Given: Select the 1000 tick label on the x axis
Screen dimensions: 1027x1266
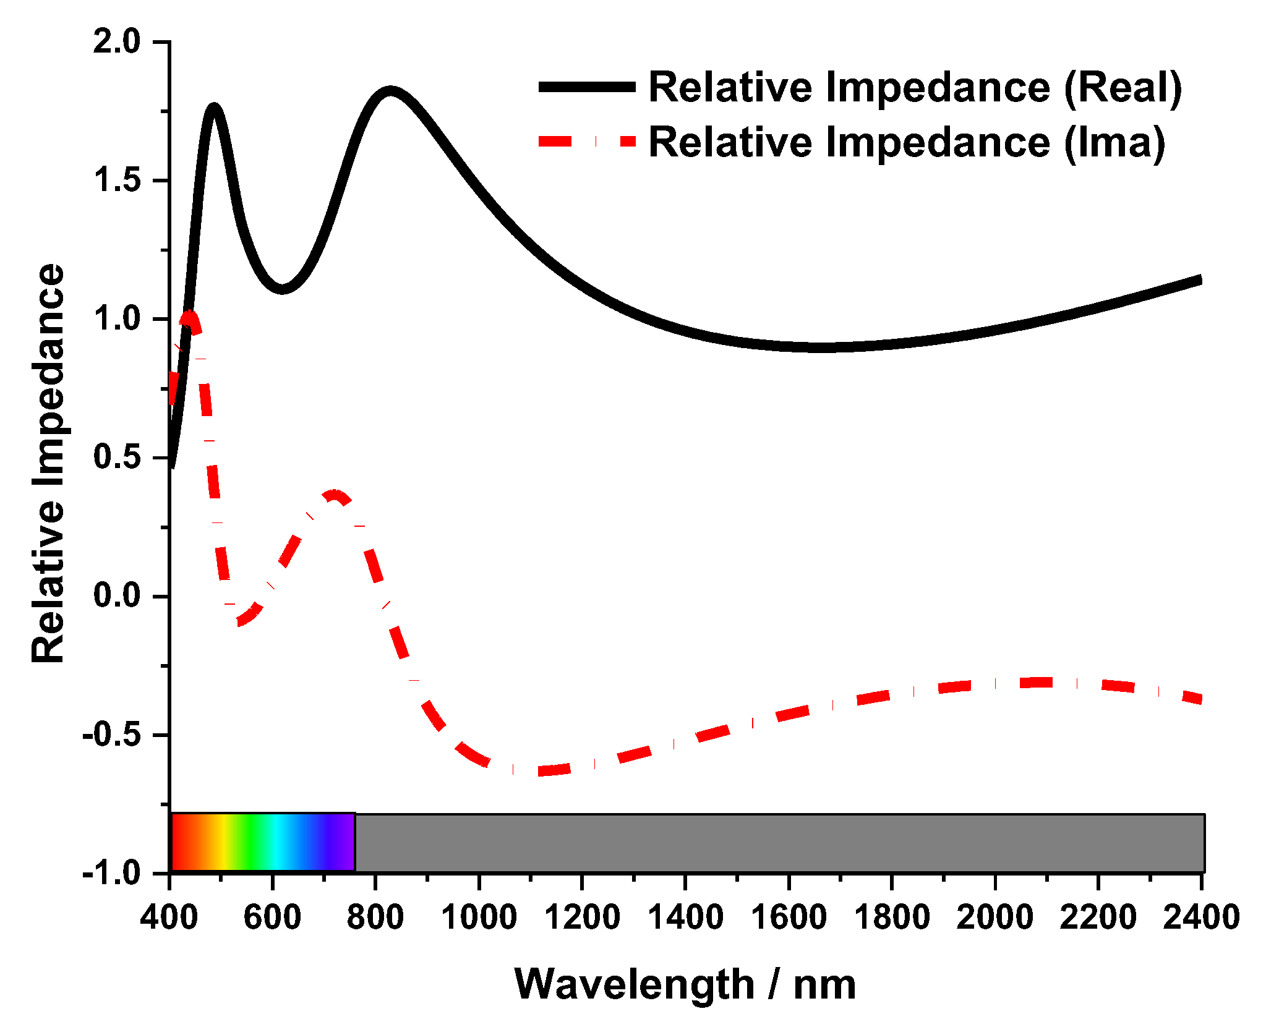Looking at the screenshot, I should pos(479,917).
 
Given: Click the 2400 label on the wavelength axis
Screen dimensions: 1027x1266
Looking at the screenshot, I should pos(1200,917).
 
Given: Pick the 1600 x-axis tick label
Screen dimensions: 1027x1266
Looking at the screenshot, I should pos(788,917).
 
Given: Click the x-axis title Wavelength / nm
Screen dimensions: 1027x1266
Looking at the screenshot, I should pos(685,984).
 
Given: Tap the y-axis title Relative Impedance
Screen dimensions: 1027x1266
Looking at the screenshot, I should pos(48,464).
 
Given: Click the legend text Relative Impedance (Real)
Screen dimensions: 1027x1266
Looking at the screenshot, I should pos(915,87).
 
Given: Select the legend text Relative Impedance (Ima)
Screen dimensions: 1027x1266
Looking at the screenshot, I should pos(907,142).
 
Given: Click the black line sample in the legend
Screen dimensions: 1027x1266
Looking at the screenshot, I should pos(586,87).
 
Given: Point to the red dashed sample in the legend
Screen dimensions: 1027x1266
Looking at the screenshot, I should pos(586,142).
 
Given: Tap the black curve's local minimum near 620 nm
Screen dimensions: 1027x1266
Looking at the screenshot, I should pos(282,289).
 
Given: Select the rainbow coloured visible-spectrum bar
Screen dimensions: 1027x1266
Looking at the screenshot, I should pos(263,843).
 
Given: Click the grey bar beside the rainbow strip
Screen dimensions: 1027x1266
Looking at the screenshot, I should pos(779,843).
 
